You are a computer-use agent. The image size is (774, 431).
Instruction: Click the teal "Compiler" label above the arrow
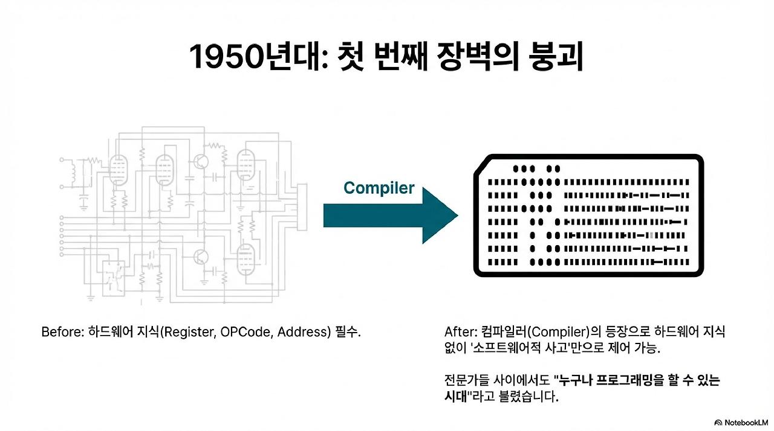pos(379,188)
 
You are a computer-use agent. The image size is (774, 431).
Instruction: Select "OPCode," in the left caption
pos(244,333)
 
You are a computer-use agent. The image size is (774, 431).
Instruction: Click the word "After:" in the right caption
pos(461,333)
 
